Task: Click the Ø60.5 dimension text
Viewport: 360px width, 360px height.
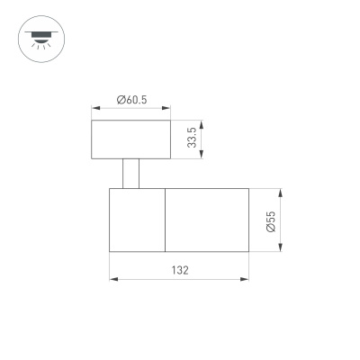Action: (x=131, y=101)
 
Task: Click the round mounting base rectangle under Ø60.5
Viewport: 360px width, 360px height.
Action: (x=130, y=139)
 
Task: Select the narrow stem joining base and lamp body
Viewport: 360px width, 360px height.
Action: (x=131, y=174)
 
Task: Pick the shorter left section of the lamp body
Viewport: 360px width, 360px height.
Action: (x=137, y=220)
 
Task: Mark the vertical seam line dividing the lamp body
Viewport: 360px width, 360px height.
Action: (x=165, y=220)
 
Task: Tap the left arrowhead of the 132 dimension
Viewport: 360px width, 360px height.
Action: (x=112, y=278)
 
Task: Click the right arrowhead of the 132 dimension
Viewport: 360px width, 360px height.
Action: (x=245, y=278)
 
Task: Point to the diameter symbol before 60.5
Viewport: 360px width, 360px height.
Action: (x=121, y=101)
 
